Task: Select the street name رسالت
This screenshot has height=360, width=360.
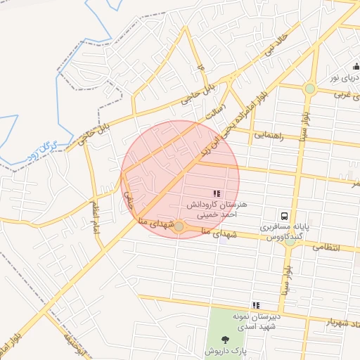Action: [x=213, y=112]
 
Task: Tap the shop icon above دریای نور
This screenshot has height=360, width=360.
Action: [x=356, y=67]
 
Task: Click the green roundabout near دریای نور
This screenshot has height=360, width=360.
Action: [x=309, y=89]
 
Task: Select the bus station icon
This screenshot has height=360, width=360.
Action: [x=285, y=216]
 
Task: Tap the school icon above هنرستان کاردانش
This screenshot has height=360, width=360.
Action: [x=216, y=193]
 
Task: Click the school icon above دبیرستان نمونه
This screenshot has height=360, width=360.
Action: [x=257, y=305]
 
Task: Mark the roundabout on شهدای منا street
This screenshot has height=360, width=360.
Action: [x=179, y=226]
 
